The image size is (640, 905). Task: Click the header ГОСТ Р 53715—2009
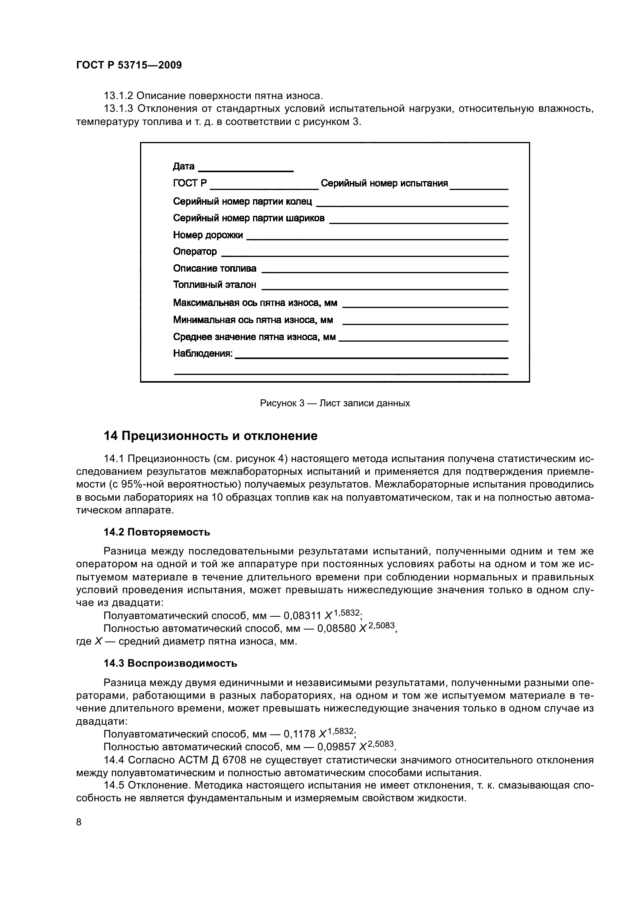[x=129, y=65]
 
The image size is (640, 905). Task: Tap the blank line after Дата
[x=246, y=171]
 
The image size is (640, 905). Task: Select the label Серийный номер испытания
[x=384, y=183]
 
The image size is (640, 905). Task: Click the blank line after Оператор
[x=364, y=256]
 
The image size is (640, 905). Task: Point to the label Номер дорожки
[x=208, y=235]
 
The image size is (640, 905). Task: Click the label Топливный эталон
[x=214, y=285]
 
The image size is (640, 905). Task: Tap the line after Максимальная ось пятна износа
[x=425, y=307]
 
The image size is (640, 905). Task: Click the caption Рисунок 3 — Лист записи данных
[x=335, y=403]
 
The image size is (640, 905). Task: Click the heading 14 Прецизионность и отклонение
[x=210, y=436]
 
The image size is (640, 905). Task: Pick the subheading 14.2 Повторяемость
[x=156, y=532]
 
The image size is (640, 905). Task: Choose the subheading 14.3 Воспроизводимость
[x=170, y=664]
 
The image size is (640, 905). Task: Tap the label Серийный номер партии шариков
[x=249, y=218]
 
